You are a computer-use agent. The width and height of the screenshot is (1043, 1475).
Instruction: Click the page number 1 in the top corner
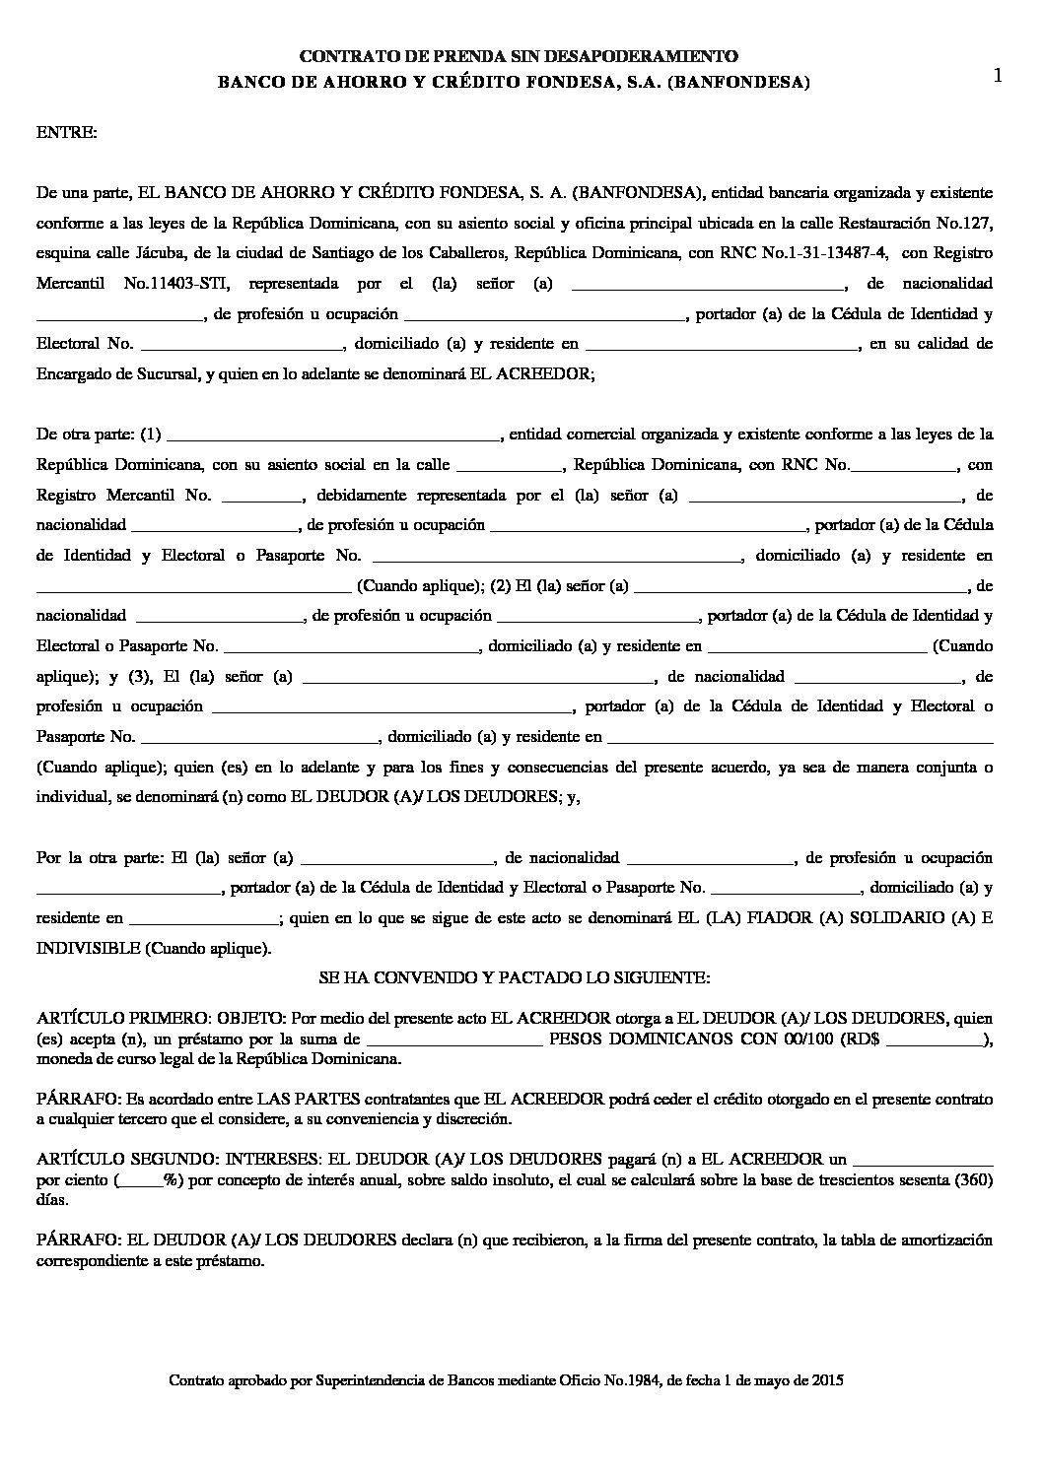click(x=999, y=76)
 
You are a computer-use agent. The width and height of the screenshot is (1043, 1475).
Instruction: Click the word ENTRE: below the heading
click(x=67, y=132)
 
